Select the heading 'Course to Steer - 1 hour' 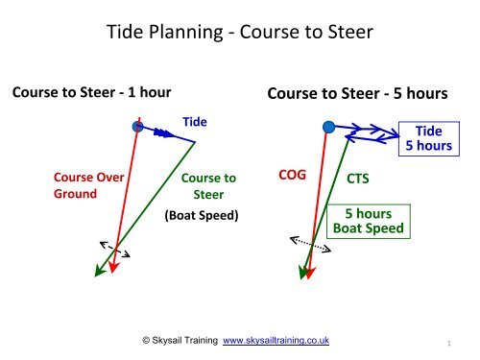coord(90,93)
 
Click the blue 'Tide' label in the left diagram coord(195,122)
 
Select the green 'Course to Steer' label coord(208,185)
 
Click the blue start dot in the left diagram coord(138,126)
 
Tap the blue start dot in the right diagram coord(329,126)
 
